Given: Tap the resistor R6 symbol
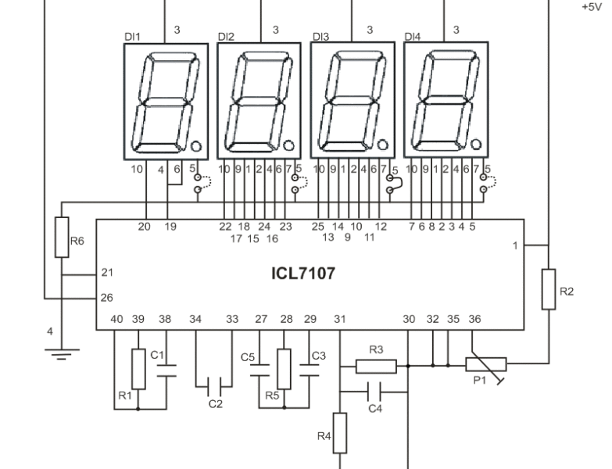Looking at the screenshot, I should point(62,236).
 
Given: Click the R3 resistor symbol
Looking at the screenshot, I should point(376,365).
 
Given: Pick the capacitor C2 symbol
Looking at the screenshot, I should point(214,385).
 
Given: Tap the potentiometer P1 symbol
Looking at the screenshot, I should point(485,364).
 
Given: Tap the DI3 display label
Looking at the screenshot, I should point(320,36).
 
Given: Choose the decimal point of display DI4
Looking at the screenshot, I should point(476,145).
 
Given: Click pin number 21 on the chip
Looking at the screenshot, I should point(107,272).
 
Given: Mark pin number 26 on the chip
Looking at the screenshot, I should point(107,297).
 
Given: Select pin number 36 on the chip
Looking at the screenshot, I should point(474,319).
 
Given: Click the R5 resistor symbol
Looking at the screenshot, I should point(285,367).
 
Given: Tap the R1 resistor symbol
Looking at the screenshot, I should point(138,369).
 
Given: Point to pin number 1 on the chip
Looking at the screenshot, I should point(514,245).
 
